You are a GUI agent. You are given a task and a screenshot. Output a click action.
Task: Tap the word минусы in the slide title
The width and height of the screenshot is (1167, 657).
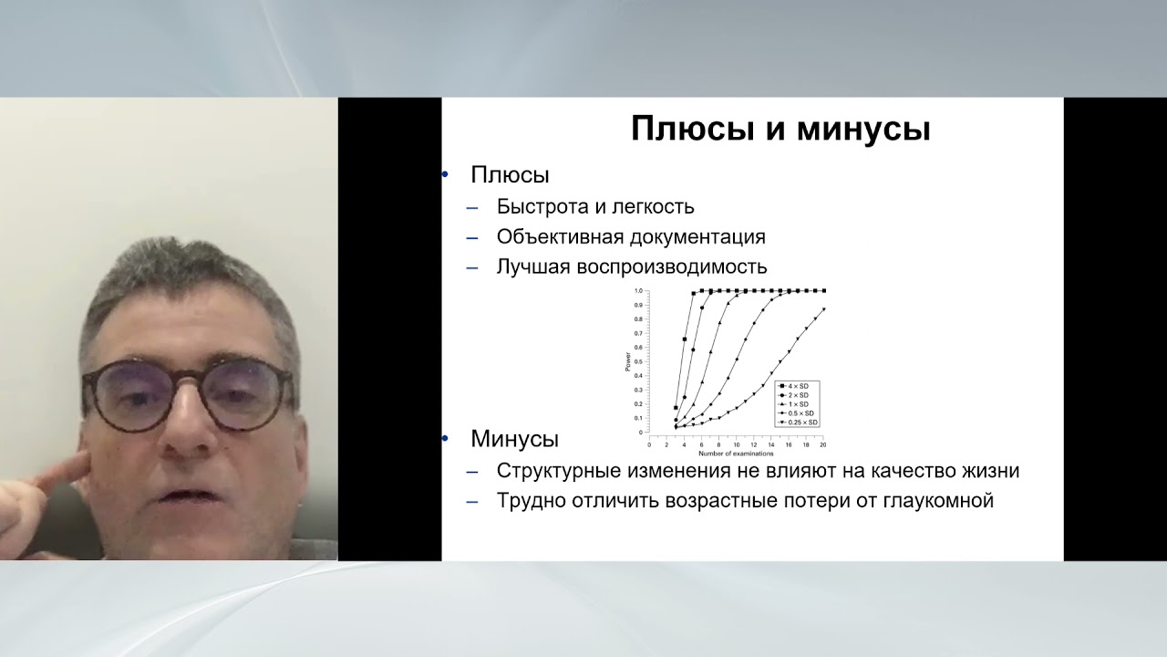863,129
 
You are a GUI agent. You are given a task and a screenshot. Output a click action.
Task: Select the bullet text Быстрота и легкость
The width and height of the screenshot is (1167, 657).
595,207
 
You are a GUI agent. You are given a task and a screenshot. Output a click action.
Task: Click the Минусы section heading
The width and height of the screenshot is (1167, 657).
514,439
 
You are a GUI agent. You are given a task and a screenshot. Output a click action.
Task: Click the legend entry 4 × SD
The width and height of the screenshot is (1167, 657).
798,387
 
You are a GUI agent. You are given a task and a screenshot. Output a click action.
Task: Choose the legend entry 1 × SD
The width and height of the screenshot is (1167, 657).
798,404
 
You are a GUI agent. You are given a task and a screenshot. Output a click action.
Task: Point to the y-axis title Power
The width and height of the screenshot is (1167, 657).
627,361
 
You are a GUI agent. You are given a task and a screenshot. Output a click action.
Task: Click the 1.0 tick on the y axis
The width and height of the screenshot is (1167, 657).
638,291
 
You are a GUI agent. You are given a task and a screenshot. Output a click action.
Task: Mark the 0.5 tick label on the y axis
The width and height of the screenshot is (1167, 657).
638,361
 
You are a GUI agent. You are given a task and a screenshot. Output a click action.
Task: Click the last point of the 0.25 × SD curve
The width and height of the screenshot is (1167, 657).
824,309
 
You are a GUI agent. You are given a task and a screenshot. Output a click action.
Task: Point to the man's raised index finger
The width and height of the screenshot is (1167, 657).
46,475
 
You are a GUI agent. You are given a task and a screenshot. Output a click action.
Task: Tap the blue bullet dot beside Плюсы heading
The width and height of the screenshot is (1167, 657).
445,174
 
